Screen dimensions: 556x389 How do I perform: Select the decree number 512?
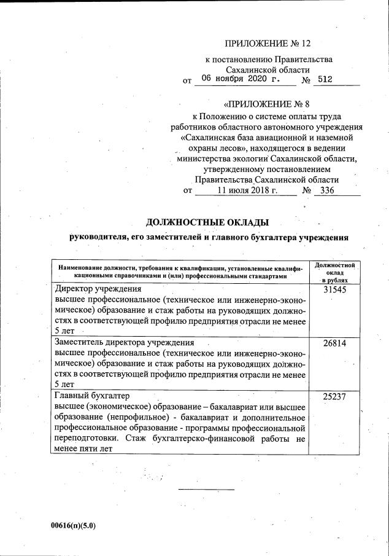pos(325,79)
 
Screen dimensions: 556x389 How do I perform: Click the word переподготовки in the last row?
pos(86,439)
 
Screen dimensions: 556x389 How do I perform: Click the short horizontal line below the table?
pos(206,490)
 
